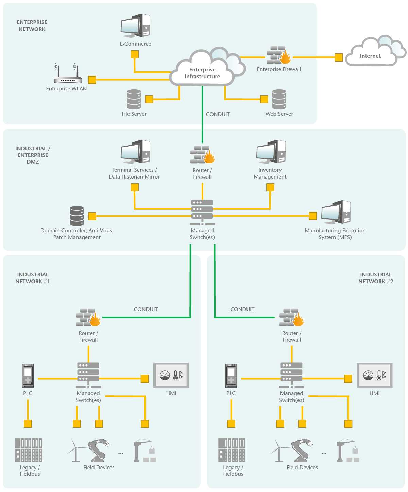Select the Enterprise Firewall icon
278,55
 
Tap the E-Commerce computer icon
135,26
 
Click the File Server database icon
134,99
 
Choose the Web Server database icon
279,99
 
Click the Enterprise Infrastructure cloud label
202,73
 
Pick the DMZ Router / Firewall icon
202,155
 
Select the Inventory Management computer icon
271,152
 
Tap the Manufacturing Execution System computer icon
336,212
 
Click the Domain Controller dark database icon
77,216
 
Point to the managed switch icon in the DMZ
202,212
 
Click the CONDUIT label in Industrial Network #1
146,309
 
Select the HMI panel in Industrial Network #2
375,375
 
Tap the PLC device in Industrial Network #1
28,376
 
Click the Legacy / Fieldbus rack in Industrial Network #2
232,450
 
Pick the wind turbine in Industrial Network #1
76,450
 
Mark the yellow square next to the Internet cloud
338,57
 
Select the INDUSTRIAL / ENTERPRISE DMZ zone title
33,155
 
